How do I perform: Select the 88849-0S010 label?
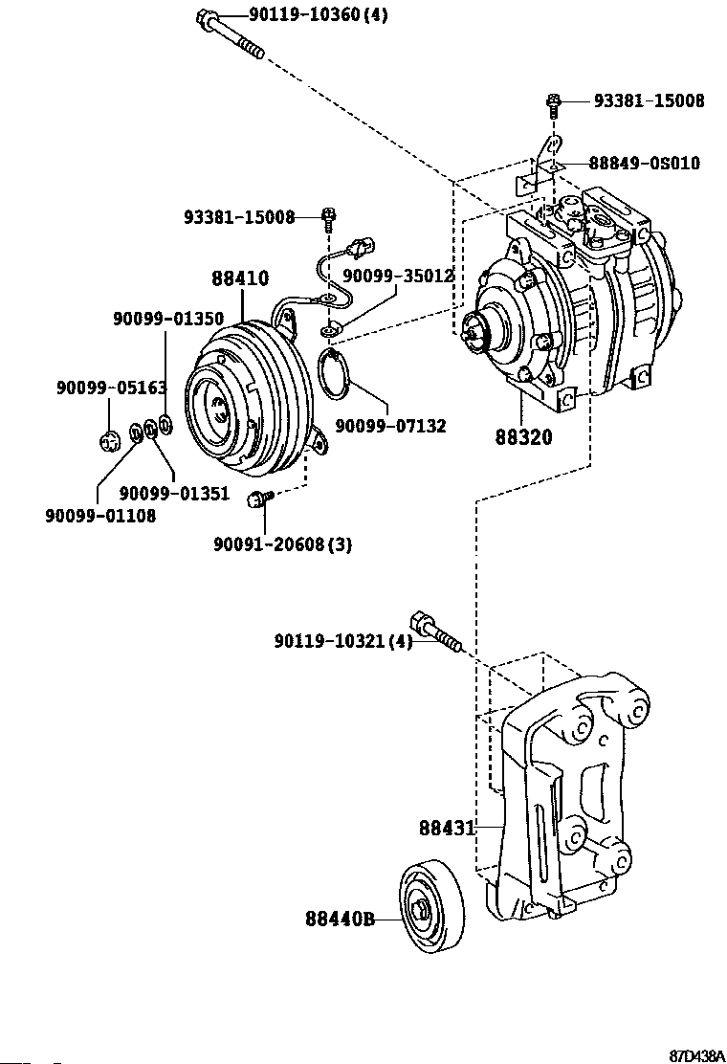[x=645, y=163]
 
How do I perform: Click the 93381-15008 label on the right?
[x=649, y=101]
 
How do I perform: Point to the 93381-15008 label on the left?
[x=239, y=217]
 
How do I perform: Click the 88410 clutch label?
[x=240, y=278]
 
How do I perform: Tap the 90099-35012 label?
[x=398, y=276]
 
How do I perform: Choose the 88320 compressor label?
[x=523, y=437]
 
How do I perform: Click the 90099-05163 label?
[x=111, y=388]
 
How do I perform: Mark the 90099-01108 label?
[x=100, y=516]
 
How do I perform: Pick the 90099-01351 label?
[x=174, y=494]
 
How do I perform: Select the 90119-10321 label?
[x=343, y=640]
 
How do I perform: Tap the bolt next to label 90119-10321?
[x=435, y=632]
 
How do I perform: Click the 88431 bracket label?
[x=447, y=829]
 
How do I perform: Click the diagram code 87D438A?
[x=696, y=1055]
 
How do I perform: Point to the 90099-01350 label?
[x=168, y=319]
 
